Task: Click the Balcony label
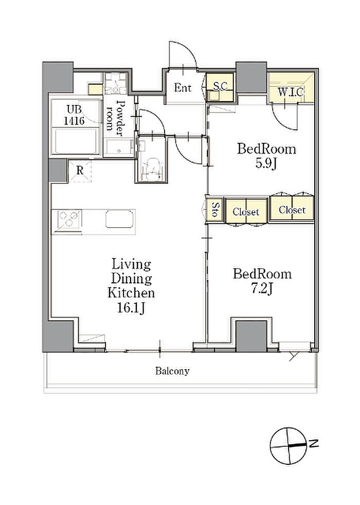[x=172, y=371]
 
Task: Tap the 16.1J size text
[x=131, y=308]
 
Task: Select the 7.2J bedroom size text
[x=262, y=289]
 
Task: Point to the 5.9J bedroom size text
[x=266, y=164]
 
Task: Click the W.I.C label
[x=291, y=92]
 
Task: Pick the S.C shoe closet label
[x=221, y=86]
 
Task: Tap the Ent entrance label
[x=183, y=87]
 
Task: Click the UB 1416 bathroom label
[x=74, y=115]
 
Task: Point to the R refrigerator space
[x=80, y=171]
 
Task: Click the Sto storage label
[x=215, y=209]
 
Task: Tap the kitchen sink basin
[x=119, y=219]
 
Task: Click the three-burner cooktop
[x=68, y=219]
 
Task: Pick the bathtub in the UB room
[x=76, y=141]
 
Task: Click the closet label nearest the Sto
[x=246, y=211]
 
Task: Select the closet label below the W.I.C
[x=292, y=210]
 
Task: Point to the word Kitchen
[x=131, y=293]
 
